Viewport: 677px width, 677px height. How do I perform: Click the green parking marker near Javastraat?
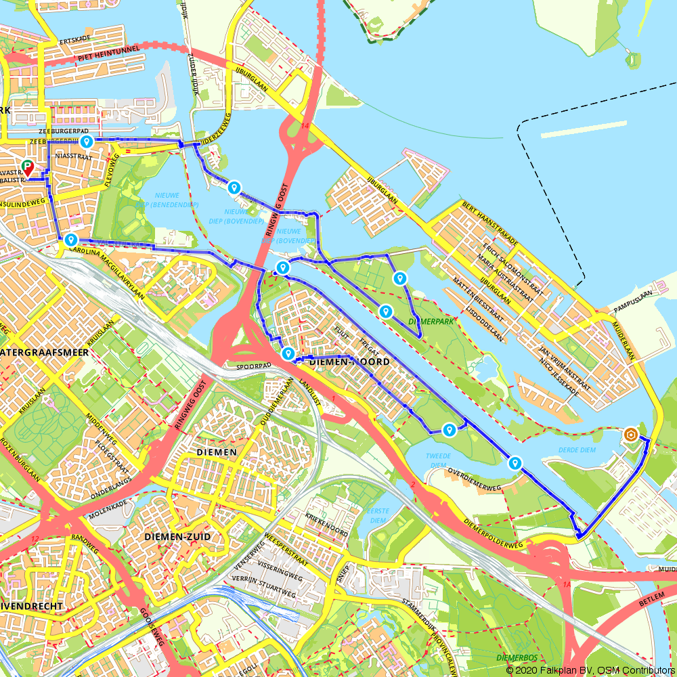28,166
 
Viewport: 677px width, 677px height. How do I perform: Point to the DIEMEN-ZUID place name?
177,537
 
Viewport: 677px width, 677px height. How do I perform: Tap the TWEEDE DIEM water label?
438,460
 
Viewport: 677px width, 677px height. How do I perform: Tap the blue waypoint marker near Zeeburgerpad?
86,141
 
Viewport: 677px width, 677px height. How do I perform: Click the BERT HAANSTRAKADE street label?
489,223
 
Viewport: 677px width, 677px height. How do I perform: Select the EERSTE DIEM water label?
376,514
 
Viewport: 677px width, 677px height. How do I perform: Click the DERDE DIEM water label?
576,450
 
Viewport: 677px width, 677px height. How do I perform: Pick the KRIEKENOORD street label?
326,525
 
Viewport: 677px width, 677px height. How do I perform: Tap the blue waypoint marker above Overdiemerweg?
515,463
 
